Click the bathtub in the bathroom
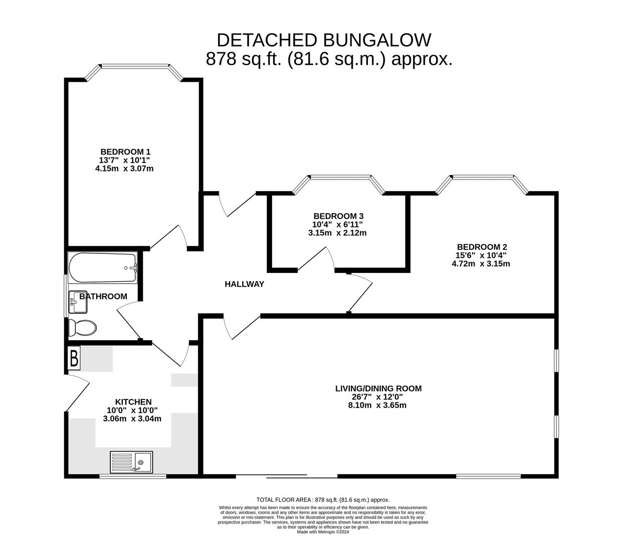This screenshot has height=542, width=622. coord(102,267)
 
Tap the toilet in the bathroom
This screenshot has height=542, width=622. coord(82,328)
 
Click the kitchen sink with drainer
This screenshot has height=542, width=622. coord(131,462)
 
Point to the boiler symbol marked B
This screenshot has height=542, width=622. coord(74,359)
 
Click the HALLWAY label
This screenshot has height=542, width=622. coord(244,284)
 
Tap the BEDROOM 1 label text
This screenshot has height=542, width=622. coord(125,152)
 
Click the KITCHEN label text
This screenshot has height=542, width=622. coord(133,402)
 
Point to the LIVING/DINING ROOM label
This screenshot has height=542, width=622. coord(378,388)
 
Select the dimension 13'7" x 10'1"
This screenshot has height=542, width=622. coord(125,160)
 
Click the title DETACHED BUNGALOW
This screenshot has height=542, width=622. coord(324,40)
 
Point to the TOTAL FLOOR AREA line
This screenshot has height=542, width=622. coord(323,500)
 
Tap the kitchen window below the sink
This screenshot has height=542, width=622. coord(133,476)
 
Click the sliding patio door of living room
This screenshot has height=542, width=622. coord(286,476)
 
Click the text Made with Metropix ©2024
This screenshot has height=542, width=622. coord(323,532)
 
